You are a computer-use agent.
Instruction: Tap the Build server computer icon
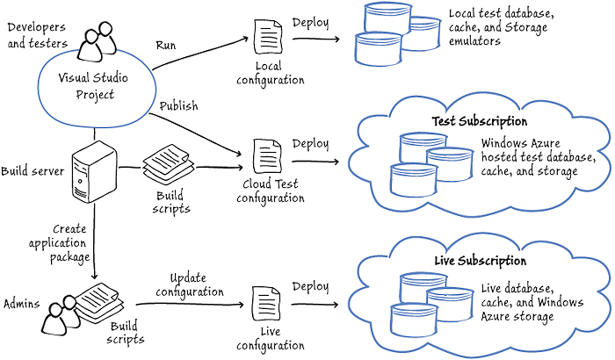click(x=92, y=171)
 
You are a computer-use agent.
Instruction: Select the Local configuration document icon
click(x=267, y=40)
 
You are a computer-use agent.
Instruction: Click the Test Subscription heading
click(x=479, y=121)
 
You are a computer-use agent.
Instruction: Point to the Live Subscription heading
click(x=481, y=261)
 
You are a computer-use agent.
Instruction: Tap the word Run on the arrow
click(x=166, y=44)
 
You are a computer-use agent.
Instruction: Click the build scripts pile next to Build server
click(x=167, y=164)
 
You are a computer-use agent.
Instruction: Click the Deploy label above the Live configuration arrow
click(x=310, y=286)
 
